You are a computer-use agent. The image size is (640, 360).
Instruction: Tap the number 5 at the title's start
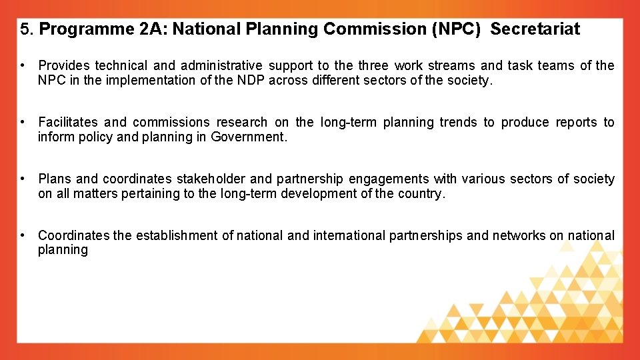[25, 29]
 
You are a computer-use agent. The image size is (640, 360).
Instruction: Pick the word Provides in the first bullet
[63, 65]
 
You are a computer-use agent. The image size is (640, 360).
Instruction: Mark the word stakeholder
[211, 179]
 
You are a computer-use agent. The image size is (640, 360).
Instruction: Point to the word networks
[519, 235]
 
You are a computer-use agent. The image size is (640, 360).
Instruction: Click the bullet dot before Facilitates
[23, 122]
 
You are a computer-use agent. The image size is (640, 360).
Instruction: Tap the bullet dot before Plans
[23, 179]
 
